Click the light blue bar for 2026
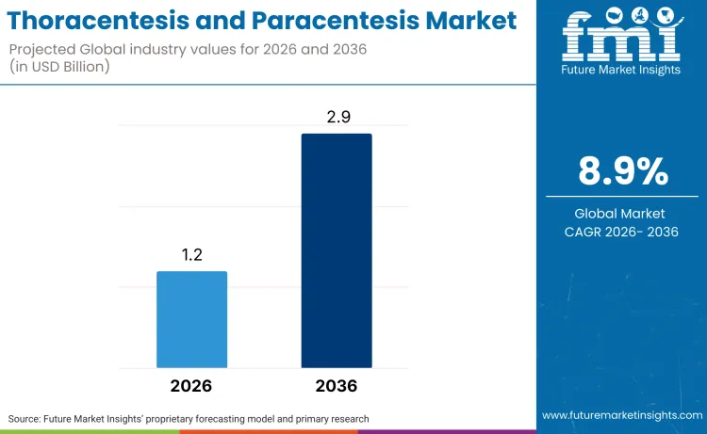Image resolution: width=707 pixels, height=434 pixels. [x=191, y=319]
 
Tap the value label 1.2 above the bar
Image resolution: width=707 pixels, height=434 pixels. [x=191, y=255]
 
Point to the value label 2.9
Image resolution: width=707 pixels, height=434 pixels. [x=337, y=117]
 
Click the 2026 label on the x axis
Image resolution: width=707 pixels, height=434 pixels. [x=191, y=386]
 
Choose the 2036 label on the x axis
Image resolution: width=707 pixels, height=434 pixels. [x=337, y=386]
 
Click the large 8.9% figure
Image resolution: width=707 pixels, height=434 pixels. [x=622, y=172]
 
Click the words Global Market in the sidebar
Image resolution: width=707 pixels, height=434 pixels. [x=622, y=214]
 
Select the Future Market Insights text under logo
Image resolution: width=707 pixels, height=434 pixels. [x=621, y=70]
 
